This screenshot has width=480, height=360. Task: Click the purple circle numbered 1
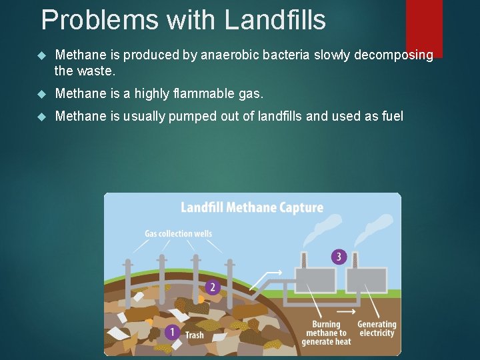(172, 331)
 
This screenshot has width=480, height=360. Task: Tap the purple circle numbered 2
(213, 287)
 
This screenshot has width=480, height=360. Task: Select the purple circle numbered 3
(339, 257)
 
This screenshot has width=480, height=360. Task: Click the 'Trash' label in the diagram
(195, 335)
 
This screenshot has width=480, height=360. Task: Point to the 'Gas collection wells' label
(178, 234)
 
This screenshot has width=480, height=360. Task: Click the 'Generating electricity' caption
(377, 329)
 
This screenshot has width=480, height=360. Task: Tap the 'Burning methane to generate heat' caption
(326, 333)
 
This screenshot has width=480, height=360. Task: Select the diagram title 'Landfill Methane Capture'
(252, 207)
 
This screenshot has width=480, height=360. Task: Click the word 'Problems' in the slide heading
(99, 20)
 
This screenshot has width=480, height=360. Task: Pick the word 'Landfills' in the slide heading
(275, 20)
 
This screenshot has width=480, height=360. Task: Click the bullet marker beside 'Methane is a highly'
(43, 92)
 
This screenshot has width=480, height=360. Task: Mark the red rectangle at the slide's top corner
(424, 27)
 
